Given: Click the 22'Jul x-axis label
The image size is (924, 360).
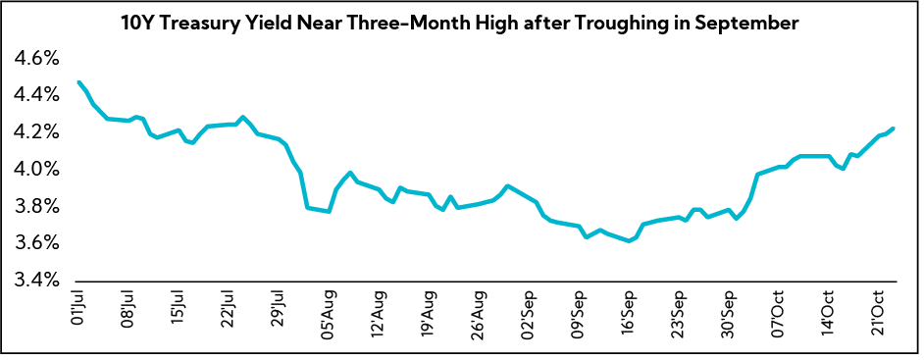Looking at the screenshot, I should [x=228, y=311].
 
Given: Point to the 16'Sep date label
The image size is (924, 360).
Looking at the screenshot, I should [x=628, y=311].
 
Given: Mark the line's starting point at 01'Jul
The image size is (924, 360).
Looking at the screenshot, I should [x=78, y=82].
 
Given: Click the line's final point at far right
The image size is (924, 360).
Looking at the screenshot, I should [x=893, y=129].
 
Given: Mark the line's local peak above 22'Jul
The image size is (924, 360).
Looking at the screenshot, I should [x=242, y=117].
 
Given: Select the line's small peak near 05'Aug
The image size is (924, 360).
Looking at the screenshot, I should [x=350, y=173].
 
